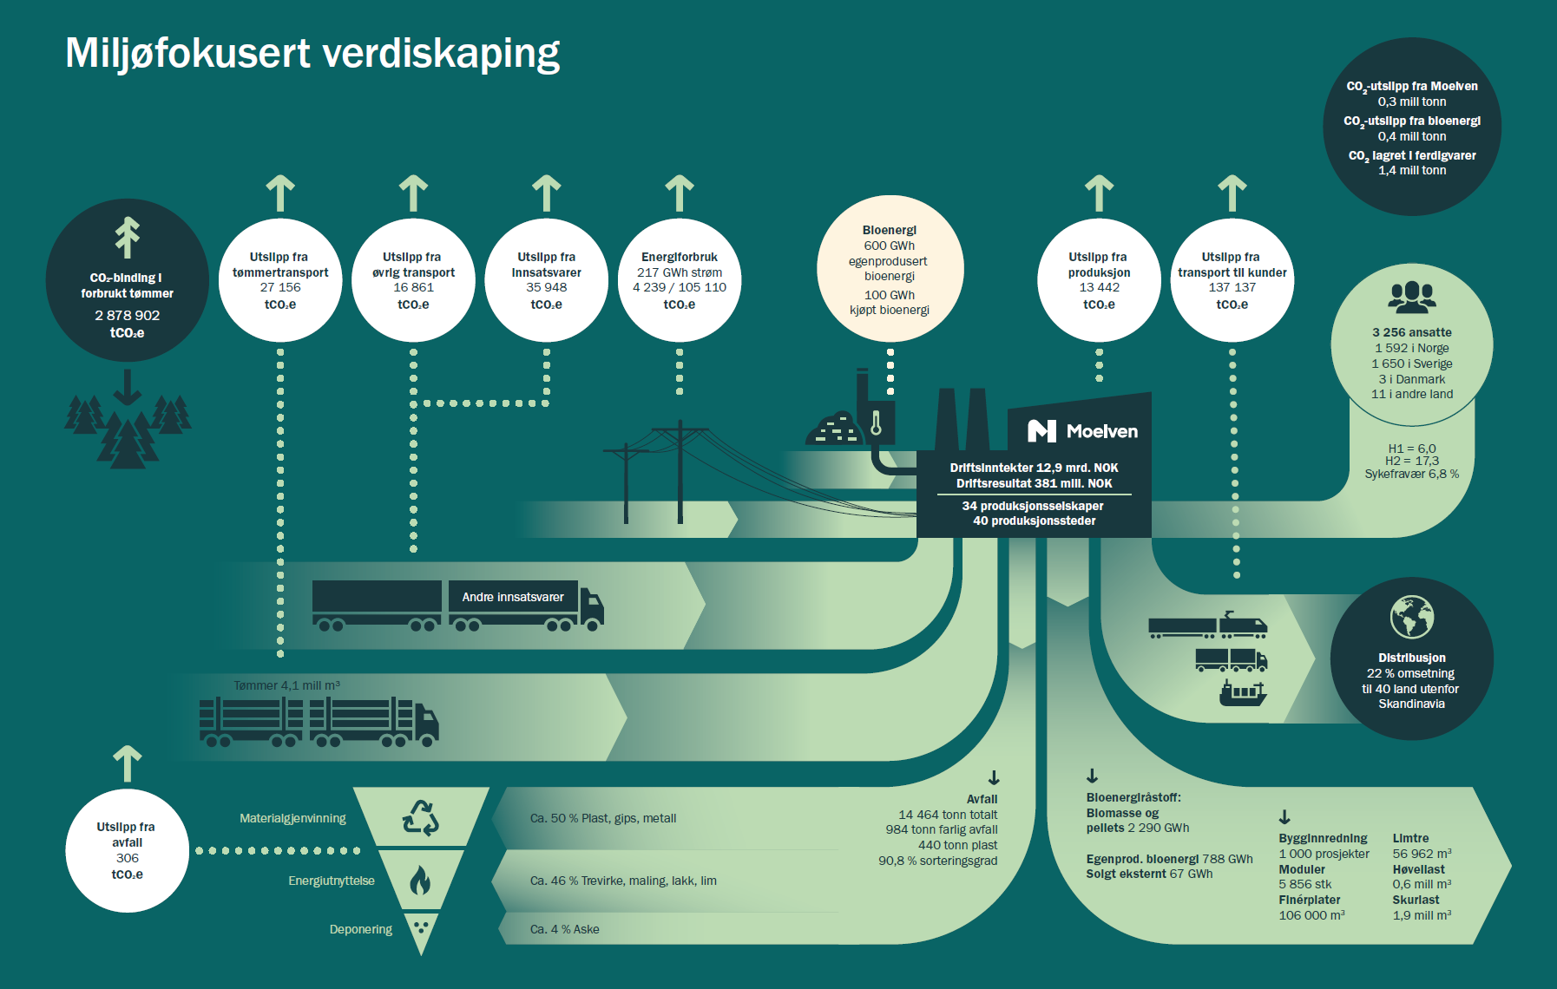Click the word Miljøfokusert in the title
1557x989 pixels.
pyautogui.click(x=187, y=54)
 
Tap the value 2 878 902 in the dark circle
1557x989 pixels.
pyautogui.click(x=128, y=316)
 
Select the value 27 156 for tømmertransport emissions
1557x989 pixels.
pyautogui.click(x=280, y=288)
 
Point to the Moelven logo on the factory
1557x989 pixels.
pyautogui.click(x=1082, y=431)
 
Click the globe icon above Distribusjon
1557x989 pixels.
pyautogui.click(x=1412, y=618)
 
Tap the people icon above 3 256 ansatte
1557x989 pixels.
pyautogui.click(x=1412, y=298)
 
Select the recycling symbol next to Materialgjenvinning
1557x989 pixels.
pyautogui.click(x=421, y=818)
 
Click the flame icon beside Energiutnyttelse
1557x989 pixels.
pyautogui.click(x=421, y=881)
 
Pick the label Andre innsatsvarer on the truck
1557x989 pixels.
pyautogui.click(x=513, y=597)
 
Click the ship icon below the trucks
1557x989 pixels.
pyautogui.click(x=1243, y=693)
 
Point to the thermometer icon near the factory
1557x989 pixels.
pyautogui.click(x=877, y=422)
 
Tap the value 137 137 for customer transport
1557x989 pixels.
pyautogui.click(x=1232, y=288)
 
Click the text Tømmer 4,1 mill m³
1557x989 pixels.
pyautogui.click(x=286, y=685)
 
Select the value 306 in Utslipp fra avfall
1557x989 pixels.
pyautogui.click(x=128, y=858)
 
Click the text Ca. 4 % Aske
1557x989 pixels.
pyautogui.click(x=565, y=929)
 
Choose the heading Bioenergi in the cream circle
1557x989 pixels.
pyautogui.click(x=890, y=230)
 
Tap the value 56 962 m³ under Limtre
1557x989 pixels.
pyautogui.click(x=1422, y=854)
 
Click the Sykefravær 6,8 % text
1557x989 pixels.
pyautogui.click(x=1411, y=475)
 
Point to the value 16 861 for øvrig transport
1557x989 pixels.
pyautogui.click(x=413, y=288)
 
